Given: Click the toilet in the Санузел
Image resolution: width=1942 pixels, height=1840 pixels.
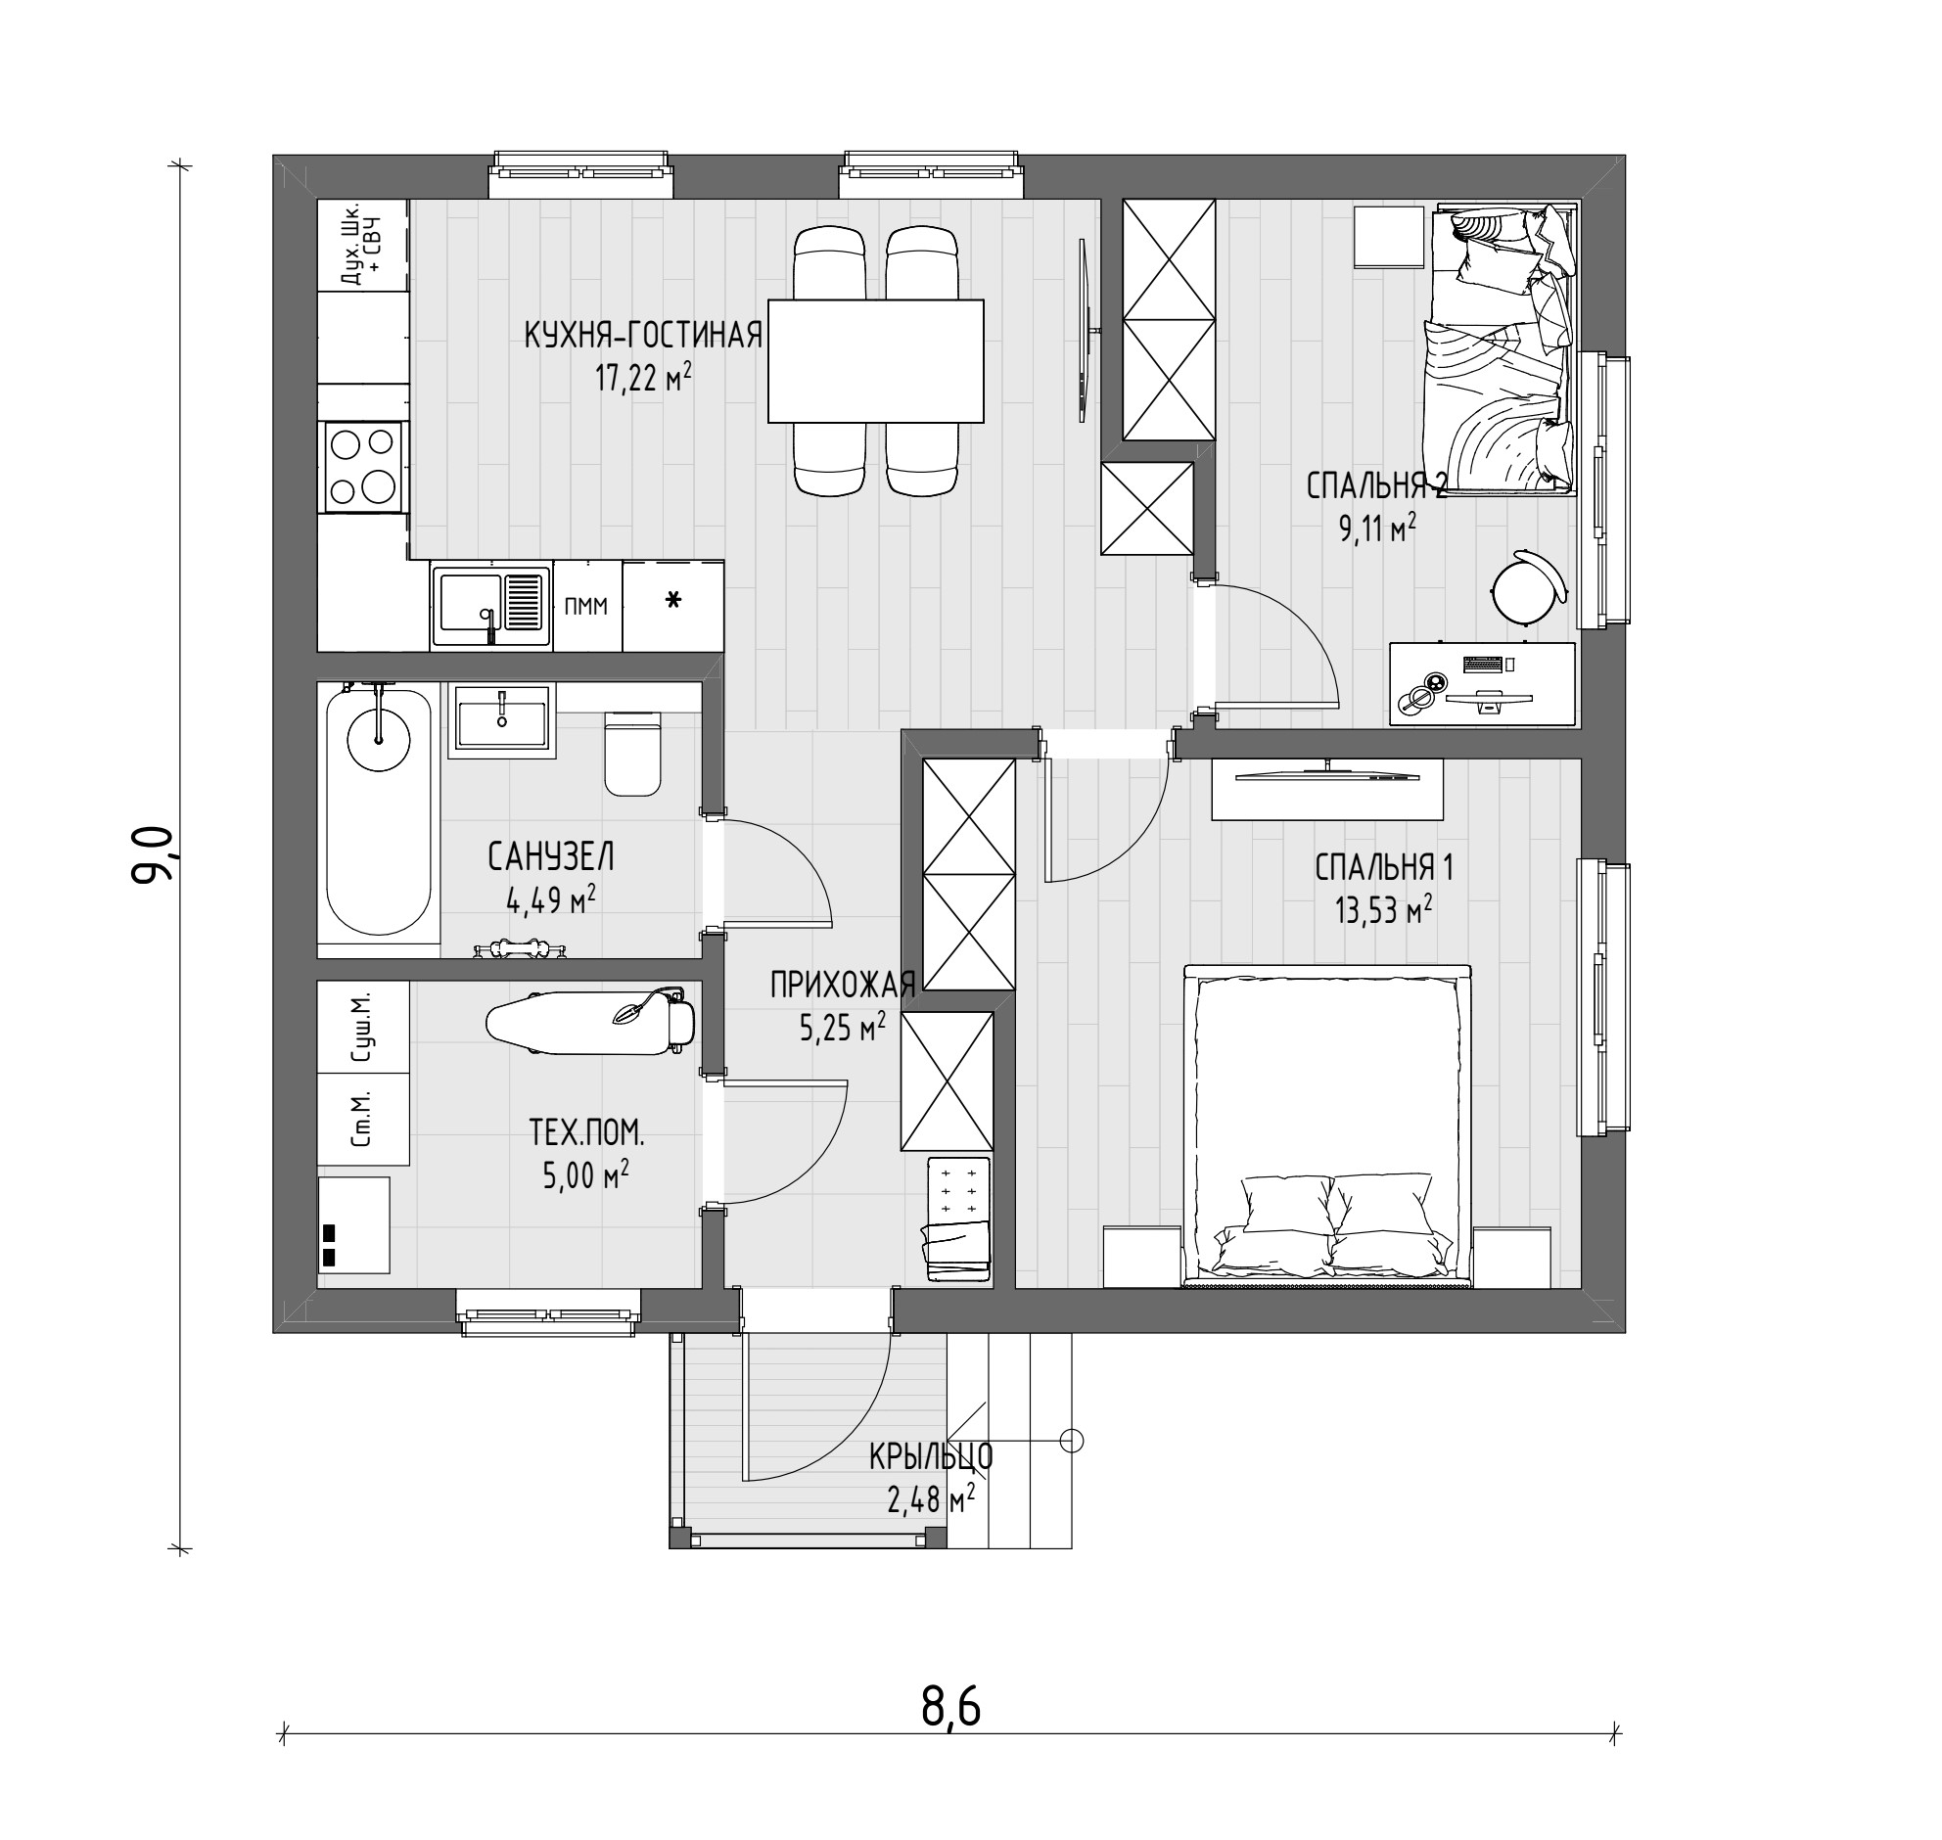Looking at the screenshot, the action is point(632,753).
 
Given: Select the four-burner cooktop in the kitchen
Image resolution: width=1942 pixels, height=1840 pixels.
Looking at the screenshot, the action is point(362,467).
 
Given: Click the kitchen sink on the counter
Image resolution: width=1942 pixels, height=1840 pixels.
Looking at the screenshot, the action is point(491,605).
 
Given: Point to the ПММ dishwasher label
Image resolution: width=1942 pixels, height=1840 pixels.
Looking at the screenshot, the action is point(586,606).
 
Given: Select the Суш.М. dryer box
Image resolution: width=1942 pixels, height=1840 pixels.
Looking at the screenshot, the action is point(363,1027).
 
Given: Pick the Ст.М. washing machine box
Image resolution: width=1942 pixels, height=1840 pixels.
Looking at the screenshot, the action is point(363,1119).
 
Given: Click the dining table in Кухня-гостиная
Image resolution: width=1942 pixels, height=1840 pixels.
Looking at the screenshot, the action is point(876,361).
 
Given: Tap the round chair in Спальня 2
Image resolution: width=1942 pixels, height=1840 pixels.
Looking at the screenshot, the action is point(1529,587).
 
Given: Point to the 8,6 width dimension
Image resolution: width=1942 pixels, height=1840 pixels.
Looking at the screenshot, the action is point(950,1708).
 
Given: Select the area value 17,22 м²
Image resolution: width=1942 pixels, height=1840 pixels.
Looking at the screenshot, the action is point(643,378).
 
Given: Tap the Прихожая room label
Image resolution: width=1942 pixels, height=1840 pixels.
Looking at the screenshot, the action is point(843,984).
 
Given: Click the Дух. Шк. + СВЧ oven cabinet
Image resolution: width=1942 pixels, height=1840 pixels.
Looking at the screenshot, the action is point(362,246).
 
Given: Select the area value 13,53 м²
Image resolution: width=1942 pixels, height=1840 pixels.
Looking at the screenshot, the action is point(1383,911).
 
